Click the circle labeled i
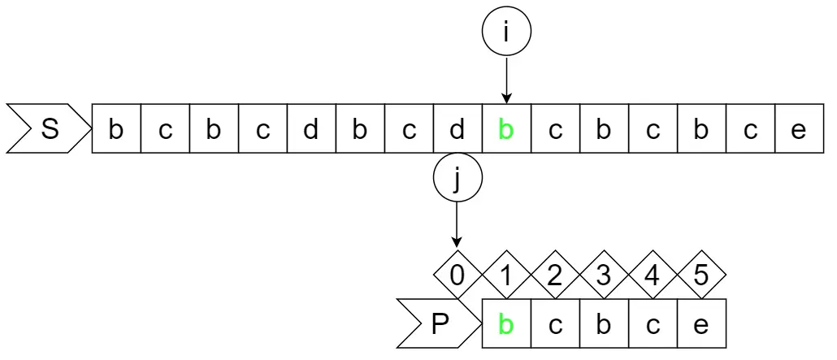click(505, 33)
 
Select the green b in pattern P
click(506, 324)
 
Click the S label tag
click(47, 129)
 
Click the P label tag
click(437, 324)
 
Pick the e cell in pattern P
click(701, 324)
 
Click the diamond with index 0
click(458, 275)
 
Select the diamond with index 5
click(701, 275)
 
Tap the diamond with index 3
click(604, 275)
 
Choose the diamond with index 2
click(555, 275)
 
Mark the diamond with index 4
click(653, 275)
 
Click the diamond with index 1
click(506, 275)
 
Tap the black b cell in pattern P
click(604, 324)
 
